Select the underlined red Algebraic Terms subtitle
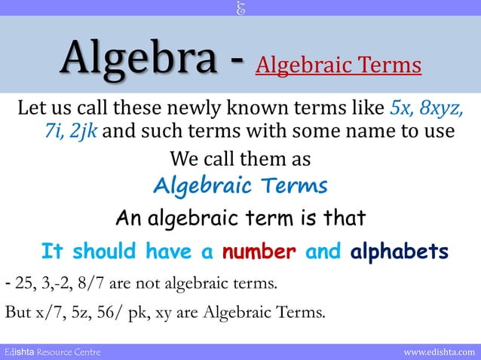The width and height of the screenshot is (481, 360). pyautogui.click(x=339, y=66)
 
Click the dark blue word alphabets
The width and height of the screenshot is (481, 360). pyautogui.click(x=400, y=251)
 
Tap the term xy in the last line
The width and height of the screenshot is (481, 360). pyautogui.click(x=164, y=311)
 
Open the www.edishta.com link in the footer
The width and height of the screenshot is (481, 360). pyautogui.click(x=440, y=352)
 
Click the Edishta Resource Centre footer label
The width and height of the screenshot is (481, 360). pyautogui.click(x=52, y=352)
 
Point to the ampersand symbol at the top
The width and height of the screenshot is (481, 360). pyautogui.click(x=240, y=8)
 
